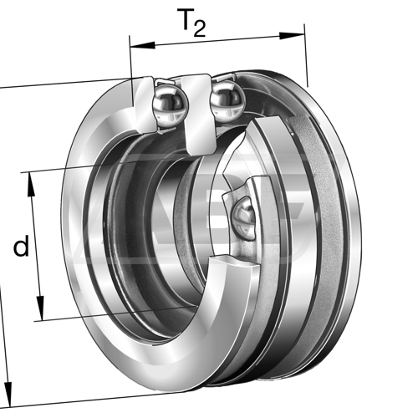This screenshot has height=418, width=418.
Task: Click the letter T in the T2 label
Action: [186, 19]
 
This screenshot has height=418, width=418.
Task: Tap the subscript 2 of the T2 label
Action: [199, 29]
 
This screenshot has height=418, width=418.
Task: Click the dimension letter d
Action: [21, 246]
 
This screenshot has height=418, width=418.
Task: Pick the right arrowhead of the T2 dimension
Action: [292, 36]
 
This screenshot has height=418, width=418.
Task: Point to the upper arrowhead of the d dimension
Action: [31, 185]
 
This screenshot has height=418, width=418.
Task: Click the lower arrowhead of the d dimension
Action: [40, 308]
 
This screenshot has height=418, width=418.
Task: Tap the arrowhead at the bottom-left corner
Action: [8, 395]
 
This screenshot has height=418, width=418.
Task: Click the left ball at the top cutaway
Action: [171, 104]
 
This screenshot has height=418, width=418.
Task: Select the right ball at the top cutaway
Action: [228, 98]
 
